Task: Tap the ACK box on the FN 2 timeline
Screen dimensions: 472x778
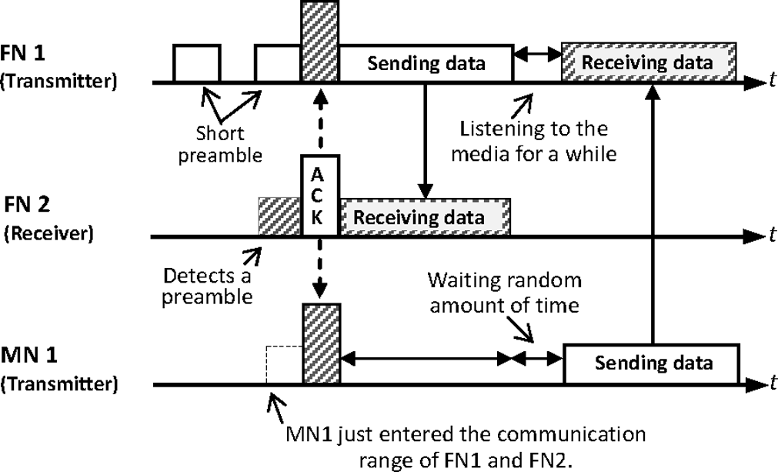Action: click(319, 196)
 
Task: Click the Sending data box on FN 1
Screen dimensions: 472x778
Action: click(426, 63)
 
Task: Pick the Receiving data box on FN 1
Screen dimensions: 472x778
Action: click(649, 62)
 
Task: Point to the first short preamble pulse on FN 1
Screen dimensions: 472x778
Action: click(196, 63)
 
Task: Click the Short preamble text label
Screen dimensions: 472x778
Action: click(220, 144)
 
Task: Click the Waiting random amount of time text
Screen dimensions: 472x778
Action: click(504, 292)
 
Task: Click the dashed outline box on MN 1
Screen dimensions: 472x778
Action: click(283, 364)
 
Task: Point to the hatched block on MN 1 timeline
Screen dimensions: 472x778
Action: click(321, 343)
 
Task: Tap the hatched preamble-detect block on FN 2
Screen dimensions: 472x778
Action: click(279, 216)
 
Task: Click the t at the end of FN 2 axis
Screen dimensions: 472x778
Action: click(771, 235)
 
